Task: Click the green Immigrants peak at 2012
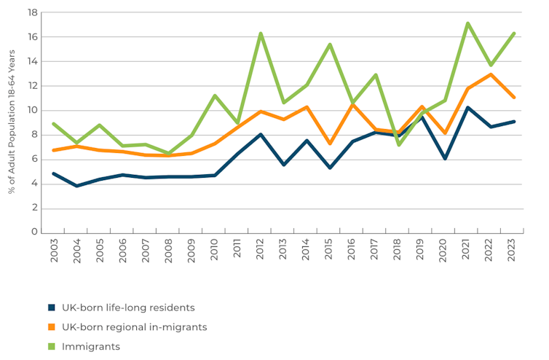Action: [261, 34]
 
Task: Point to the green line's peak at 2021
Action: [467, 23]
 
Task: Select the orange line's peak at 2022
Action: [490, 74]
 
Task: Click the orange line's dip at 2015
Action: [330, 144]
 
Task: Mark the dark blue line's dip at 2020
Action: [444, 158]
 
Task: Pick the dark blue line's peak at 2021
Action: [467, 108]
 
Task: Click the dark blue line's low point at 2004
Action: [77, 186]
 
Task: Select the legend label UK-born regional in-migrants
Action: [133, 327]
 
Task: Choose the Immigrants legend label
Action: [90, 347]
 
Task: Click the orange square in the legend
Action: [52, 327]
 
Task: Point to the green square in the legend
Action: [52, 347]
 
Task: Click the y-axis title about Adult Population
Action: [12, 122]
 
